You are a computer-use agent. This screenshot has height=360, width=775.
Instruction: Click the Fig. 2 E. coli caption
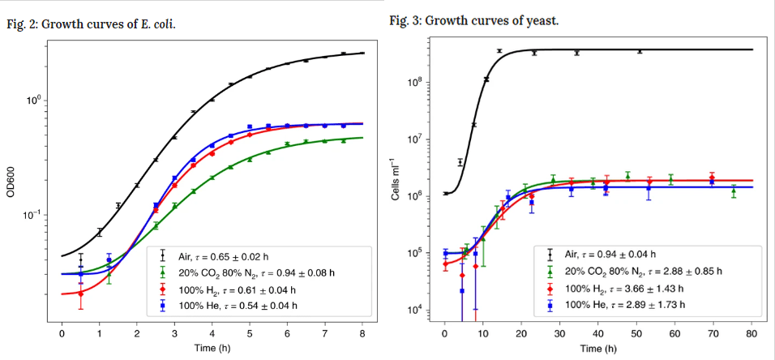91,24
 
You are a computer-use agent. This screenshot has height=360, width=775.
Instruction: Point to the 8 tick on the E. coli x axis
362,332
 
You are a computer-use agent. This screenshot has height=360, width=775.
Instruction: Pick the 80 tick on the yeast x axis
753,332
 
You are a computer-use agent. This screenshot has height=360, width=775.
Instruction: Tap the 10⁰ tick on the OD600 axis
36,101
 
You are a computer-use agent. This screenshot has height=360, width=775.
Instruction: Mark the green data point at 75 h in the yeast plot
734,191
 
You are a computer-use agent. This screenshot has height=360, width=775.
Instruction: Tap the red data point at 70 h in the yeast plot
712,178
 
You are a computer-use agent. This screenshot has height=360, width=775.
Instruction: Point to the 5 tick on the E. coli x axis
250,332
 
